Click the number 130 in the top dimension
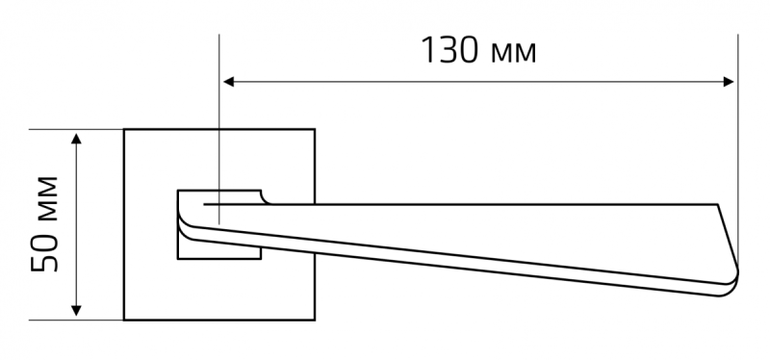tap(449, 50)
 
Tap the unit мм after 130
tap(514, 54)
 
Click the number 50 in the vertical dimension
tap(44, 256)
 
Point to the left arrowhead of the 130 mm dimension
tap(228, 82)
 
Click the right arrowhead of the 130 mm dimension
tap(729, 82)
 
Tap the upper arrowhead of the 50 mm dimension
tap(76, 139)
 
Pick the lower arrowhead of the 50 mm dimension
tap(76, 310)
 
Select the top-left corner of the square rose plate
tap(124, 130)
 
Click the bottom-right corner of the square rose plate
tap(315, 320)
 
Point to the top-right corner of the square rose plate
tap(315, 130)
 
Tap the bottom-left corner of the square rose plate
tap(124, 320)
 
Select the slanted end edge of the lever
tap(728, 236)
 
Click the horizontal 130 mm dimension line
tap(478, 82)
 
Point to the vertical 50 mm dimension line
tap(76, 224)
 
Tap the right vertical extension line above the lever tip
tap(737, 147)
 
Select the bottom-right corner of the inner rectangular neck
tap(261, 258)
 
